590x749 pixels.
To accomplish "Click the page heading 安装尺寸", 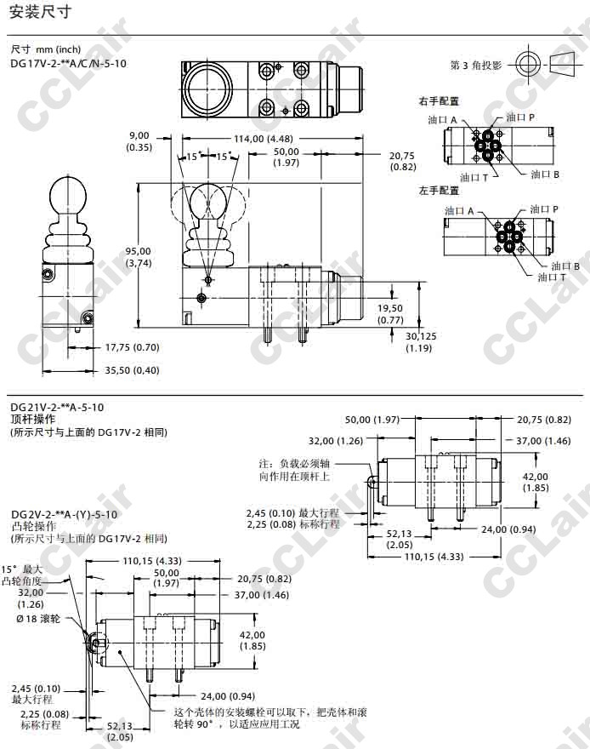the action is (x=41, y=12).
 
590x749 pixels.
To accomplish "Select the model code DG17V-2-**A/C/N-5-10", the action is (x=68, y=63).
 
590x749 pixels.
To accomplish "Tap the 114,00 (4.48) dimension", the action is (x=264, y=139).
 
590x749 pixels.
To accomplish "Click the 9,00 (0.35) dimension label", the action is (x=139, y=141).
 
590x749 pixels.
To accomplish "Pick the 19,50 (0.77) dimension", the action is (x=390, y=314).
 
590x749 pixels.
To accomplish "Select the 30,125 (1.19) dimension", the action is (x=421, y=342).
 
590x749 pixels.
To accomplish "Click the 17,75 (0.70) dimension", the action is (x=132, y=347).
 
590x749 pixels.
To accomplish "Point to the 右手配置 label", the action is (x=439, y=101).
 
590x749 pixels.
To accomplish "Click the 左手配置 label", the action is (x=439, y=191).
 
